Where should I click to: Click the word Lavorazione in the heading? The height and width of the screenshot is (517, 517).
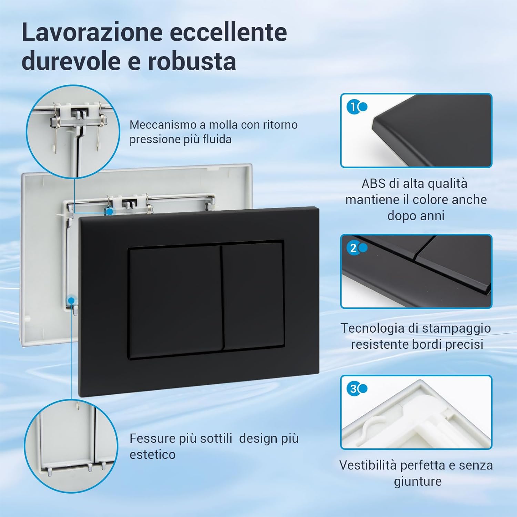[x=92, y=32]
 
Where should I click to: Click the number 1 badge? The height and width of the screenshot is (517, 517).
[x=353, y=107]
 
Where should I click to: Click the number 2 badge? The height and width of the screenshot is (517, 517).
[x=353, y=248]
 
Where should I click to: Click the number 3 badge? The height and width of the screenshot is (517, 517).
[x=353, y=389]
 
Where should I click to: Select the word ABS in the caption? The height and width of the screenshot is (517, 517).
[x=373, y=183]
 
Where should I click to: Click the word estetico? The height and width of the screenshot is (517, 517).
[x=152, y=455]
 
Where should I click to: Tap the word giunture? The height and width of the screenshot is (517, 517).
[x=417, y=481]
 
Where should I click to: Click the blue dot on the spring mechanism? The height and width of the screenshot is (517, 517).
[x=109, y=211]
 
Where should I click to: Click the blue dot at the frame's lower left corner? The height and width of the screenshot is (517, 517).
[x=71, y=300]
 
